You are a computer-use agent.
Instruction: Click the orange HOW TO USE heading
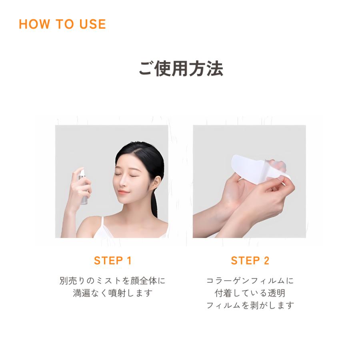tap(62, 24)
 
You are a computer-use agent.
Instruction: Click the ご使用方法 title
tap(180, 68)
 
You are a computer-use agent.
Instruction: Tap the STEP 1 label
tap(112, 261)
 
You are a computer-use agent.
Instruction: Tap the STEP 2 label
tap(250, 261)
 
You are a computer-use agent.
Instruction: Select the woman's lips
tap(124, 192)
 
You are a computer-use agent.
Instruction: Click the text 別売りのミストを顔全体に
tap(112, 281)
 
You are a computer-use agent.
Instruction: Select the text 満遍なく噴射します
tap(112, 293)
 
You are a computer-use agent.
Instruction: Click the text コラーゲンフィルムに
tap(250, 281)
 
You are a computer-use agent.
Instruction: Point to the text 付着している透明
tap(250, 293)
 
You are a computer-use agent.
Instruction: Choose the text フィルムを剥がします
tap(250, 306)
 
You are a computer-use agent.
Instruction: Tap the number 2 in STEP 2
tap(266, 261)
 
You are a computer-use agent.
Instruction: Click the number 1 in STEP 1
tap(129, 261)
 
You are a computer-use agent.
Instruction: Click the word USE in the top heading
tap(92, 24)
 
